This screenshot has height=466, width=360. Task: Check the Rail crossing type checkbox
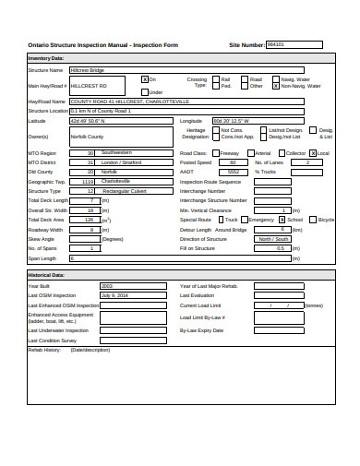(x=216, y=79)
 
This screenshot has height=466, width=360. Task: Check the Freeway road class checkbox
(x=215, y=153)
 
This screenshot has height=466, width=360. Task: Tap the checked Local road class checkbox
(x=312, y=153)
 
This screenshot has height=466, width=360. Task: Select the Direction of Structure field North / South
(x=283, y=239)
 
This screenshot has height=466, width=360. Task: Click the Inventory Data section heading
(x=45, y=58)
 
